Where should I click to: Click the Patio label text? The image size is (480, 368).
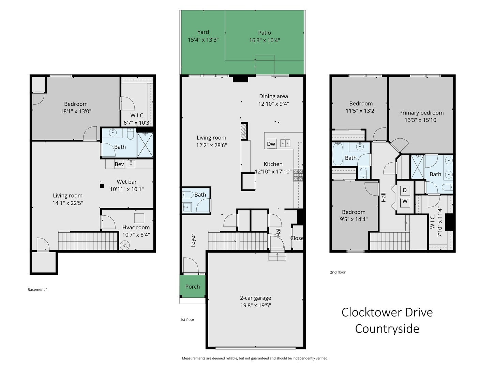tap(264, 33)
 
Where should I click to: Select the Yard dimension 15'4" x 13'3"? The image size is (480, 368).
tap(203, 40)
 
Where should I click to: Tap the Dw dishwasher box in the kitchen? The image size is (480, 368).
tap(271, 144)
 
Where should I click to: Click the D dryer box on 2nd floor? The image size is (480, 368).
tap(405, 190)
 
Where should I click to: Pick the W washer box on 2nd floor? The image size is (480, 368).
tap(405, 201)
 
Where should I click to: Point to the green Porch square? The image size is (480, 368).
tap(193, 286)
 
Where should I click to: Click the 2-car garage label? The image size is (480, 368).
tap(255, 298)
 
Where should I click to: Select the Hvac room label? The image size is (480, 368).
tap(136, 227)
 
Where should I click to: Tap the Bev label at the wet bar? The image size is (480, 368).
tap(119, 164)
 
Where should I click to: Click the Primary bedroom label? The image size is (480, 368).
tap(421, 112)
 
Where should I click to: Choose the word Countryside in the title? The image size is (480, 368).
tap(387, 328)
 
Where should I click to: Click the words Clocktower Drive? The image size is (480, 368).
tap(387, 312)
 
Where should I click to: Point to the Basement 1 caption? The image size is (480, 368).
tap(37, 290)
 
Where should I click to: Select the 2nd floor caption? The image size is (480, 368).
tap(337, 272)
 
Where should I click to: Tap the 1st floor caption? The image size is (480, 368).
tap(187, 320)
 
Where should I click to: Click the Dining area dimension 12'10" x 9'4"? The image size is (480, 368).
tap(273, 104)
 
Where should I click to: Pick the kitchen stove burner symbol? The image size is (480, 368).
tap(298, 175)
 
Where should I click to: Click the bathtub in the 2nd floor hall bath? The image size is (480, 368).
tap(338, 154)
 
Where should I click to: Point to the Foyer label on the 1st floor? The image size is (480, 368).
tap(193, 240)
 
